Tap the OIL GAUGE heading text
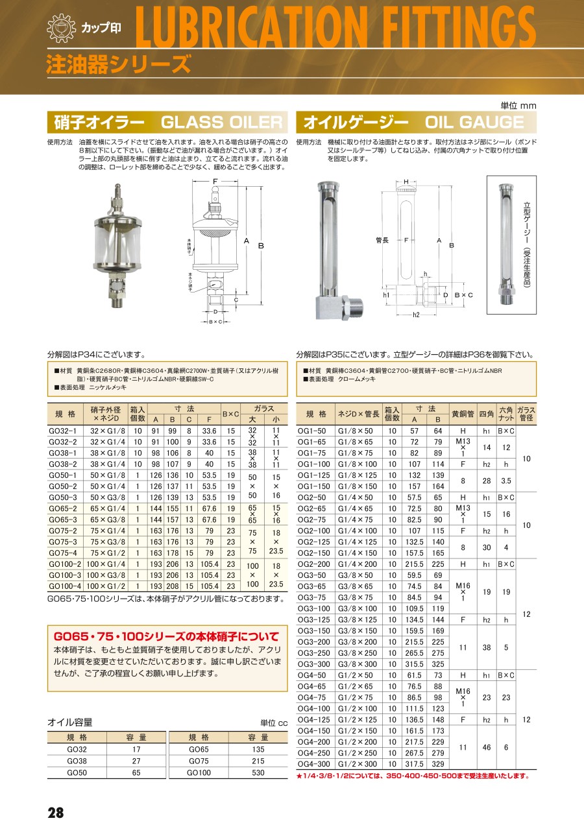coord(474,122)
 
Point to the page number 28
coord(56,813)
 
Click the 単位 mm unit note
coord(518,106)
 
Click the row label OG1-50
coord(312,430)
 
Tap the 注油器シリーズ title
coord(119,65)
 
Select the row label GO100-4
coord(64,586)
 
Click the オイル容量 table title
coord(69,722)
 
